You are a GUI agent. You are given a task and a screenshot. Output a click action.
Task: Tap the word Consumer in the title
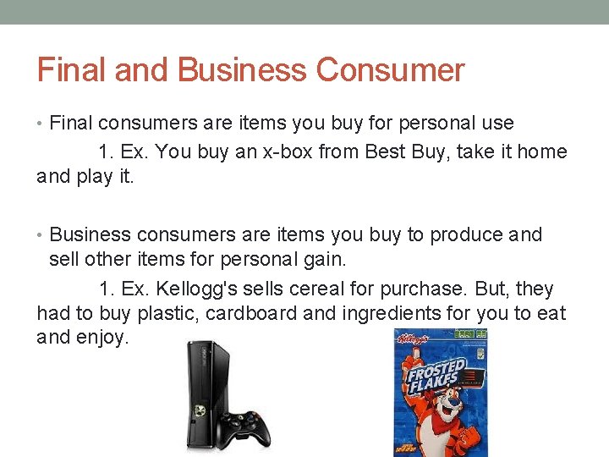tap(390, 69)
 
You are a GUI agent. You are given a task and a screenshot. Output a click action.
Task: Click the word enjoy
tap(102, 338)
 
